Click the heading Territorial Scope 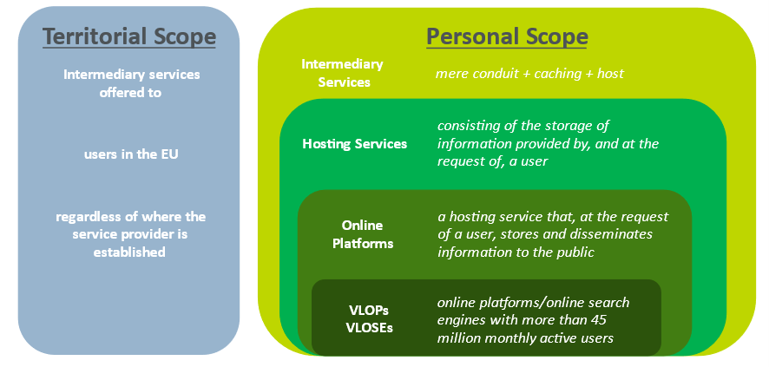[x=129, y=36]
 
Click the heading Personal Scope [x=507, y=36]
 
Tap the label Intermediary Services [x=343, y=74]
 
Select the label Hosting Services [x=354, y=143]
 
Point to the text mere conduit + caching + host [x=529, y=74]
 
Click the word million [x=461, y=338]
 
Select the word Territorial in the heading [x=92, y=36]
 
